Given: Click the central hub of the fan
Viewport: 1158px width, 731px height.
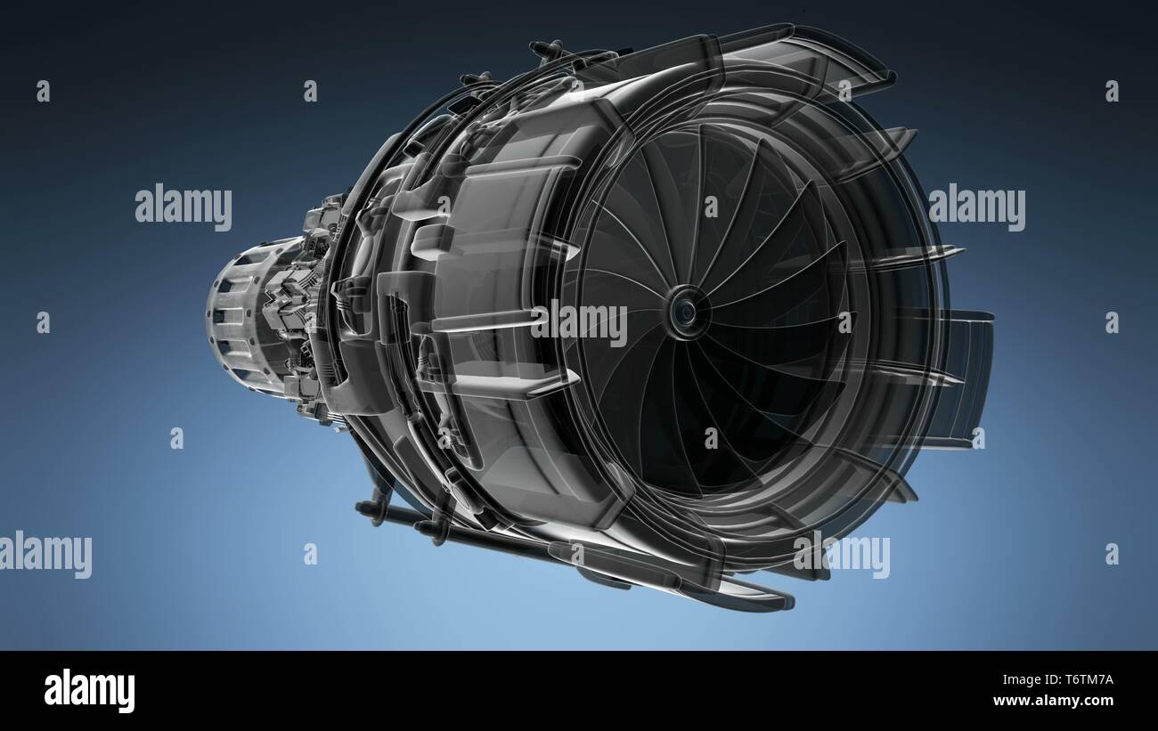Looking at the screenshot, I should click(x=685, y=310).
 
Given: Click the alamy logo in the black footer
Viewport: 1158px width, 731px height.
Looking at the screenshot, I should click(x=89, y=691).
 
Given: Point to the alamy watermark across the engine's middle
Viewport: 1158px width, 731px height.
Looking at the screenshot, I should click(x=579, y=322).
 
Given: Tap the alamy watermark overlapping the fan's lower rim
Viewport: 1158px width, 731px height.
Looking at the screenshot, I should click(x=841, y=556).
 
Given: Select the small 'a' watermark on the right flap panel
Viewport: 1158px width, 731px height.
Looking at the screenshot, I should click(x=977, y=437).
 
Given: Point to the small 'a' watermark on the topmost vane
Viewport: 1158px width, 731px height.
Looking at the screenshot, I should click(x=844, y=90).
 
